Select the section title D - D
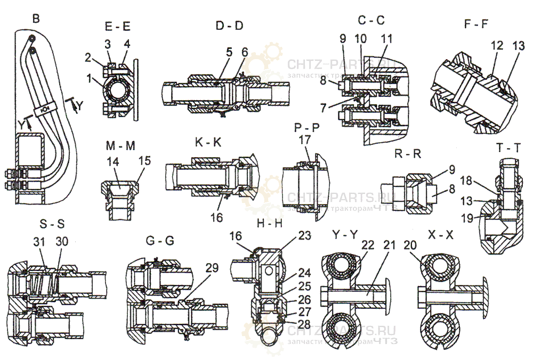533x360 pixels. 229,25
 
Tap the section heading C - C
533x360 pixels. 371,21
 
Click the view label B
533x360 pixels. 36,19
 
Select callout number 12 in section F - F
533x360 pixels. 496,46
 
